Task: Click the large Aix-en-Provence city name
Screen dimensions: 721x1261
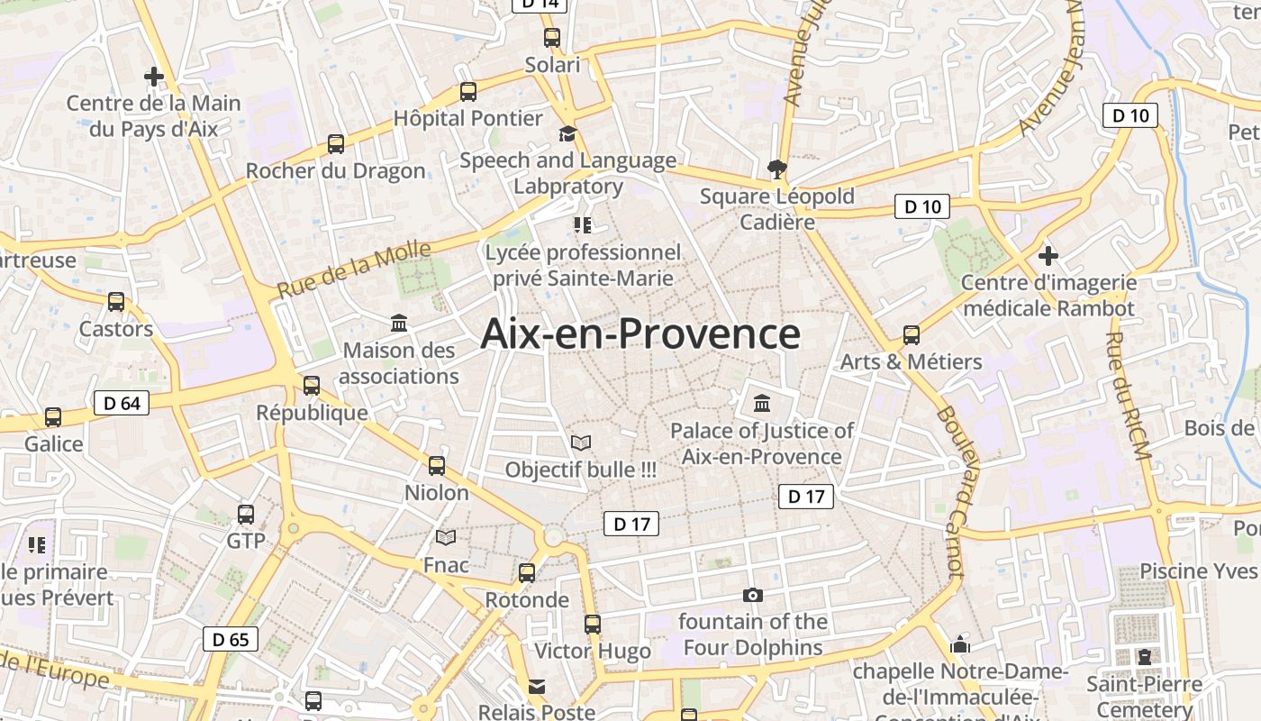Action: click(x=640, y=333)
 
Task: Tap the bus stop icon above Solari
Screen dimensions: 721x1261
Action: click(x=552, y=38)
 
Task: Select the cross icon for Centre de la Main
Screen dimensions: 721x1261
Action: click(x=154, y=77)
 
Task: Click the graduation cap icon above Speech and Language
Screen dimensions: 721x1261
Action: click(x=567, y=134)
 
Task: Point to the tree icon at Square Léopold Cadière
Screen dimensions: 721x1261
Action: click(x=776, y=168)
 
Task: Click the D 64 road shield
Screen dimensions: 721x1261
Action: click(x=122, y=403)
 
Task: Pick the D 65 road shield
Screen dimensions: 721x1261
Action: click(x=231, y=640)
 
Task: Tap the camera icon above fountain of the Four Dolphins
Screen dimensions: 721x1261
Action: click(x=753, y=595)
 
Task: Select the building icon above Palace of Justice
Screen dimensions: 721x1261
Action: click(x=762, y=403)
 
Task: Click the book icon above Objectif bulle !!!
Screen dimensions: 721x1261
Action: click(x=581, y=443)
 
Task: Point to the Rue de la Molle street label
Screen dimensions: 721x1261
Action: click(x=354, y=269)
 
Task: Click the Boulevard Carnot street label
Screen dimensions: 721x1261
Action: click(x=950, y=491)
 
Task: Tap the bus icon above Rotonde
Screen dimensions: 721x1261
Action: click(x=527, y=572)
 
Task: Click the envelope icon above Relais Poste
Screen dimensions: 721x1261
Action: click(x=537, y=687)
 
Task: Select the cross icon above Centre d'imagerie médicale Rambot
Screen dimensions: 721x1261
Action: click(x=1048, y=255)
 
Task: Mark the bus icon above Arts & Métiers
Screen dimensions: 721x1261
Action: click(x=912, y=335)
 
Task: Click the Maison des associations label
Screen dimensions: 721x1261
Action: click(x=399, y=363)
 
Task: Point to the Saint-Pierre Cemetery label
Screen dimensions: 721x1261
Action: click(x=1144, y=697)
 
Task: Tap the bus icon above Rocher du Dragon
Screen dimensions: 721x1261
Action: click(x=336, y=143)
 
